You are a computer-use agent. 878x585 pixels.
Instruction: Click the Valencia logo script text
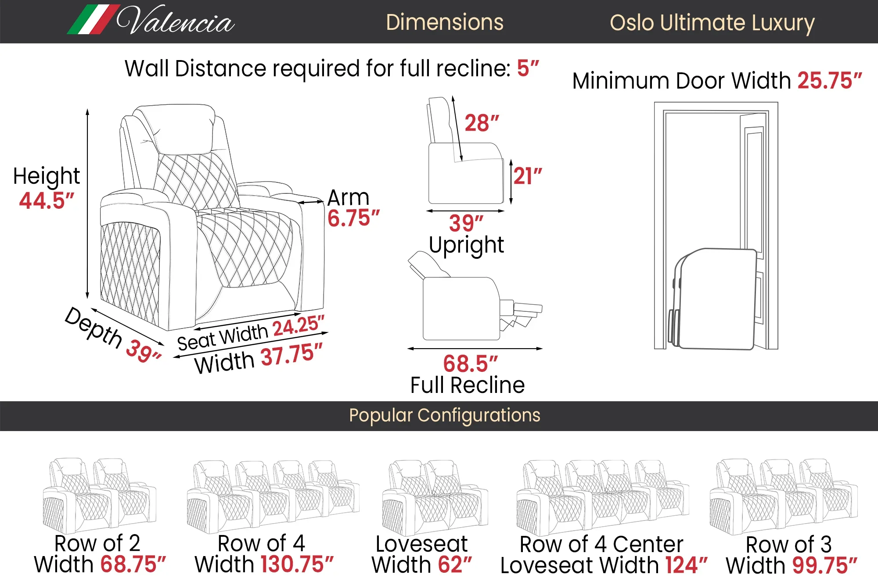[176, 21]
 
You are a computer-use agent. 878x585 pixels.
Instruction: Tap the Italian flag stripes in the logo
[94, 20]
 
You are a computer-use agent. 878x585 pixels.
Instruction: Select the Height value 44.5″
[47, 201]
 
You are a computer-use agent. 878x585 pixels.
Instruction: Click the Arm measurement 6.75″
[353, 218]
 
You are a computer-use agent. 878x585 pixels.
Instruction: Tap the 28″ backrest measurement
[482, 123]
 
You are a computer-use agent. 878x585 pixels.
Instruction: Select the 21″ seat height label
[528, 176]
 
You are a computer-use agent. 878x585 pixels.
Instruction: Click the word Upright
[466, 245]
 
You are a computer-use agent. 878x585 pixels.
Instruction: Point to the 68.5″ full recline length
[470, 364]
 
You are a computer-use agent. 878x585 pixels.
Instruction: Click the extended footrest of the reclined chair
[527, 309]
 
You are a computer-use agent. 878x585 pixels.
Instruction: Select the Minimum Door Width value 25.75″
[829, 81]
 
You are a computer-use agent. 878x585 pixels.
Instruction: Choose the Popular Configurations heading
[444, 415]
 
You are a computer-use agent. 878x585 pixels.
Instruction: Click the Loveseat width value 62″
[455, 564]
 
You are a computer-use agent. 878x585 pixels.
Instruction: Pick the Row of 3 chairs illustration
[783, 496]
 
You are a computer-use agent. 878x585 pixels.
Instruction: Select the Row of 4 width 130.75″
[297, 564]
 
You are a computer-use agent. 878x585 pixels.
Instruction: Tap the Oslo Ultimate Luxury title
[712, 23]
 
